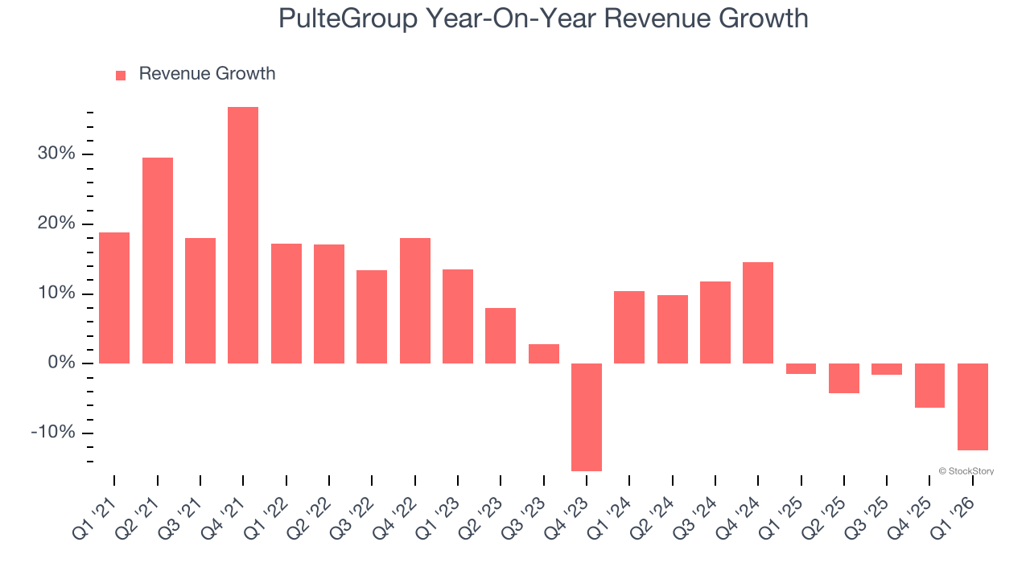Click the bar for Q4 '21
click(243, 235)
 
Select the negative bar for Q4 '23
click(587, 417)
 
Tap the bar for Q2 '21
click(158, 261)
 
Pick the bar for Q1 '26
click(973, 406)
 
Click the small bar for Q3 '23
click(544, 354)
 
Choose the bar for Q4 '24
click(758, 313)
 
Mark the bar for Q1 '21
click(114, 298)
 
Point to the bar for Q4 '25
click(929, 385)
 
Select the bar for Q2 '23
click(501, 335)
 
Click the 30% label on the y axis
click(56, 154)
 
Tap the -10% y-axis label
click(53, 433)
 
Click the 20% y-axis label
click(56, 224)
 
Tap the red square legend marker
click(121, 76)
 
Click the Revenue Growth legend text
click(207, 74)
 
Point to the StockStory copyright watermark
click(966, 471)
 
